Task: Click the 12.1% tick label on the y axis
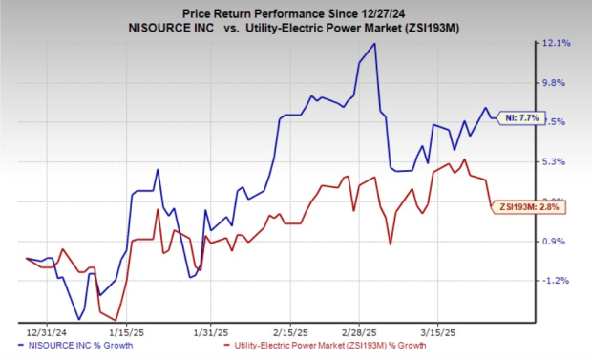click(557, 44)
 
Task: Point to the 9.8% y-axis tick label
click(557, 83)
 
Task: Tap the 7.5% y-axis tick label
click(557, 122)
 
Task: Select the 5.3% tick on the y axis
click(557, 161)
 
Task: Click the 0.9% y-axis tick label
click(557, 241)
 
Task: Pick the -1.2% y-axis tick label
click(557, 281)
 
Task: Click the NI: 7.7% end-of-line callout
click(522, 117)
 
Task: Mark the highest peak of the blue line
click(374, 44)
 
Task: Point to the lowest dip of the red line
click(115, 320)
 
